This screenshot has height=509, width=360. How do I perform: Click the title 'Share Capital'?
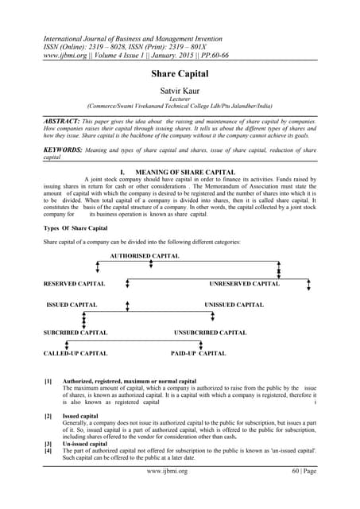pos(180,73)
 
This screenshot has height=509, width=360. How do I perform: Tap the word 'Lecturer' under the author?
pos(180,101)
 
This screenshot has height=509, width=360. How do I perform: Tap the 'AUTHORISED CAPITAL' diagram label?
pos(145,256)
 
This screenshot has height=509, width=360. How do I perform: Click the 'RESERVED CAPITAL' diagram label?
pos(75,284)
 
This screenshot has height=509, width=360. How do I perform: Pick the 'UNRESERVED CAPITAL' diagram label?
pos(245,284)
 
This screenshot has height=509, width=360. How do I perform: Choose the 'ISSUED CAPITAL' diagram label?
pos(72,305)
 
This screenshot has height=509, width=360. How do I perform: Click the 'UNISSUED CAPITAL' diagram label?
pos(234,305)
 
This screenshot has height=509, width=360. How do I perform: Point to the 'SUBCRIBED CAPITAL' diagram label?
pos(75,332)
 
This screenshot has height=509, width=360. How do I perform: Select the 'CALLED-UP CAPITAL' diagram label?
pos(75,352)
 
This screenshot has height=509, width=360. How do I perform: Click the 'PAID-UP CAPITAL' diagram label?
pos(199,352)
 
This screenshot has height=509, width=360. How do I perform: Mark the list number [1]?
pos(48,382)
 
